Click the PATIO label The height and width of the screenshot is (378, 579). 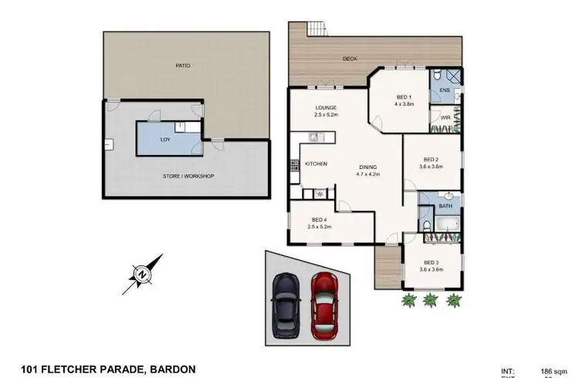pyautogui.click(x=182, y=66)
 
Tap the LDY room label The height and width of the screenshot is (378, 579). pyautogui.click(x=165, y=140)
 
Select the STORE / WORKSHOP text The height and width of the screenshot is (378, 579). pyautogui.click(x=188, y=176)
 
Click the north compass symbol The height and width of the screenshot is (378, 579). pyautogui.click(x=142, y=272)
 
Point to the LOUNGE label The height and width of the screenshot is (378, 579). pyautogui.click(x=324, y=108)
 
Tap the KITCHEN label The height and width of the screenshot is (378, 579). pyautogui.click(x=317, y=164)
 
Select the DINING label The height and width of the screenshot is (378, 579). pyautogui.click(x=369, y=167)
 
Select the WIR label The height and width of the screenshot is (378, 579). pyautogui.click(x=445, y=119)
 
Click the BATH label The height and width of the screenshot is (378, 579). pyautogui.click(x=445, y=206)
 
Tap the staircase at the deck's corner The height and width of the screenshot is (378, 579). pyautogui.click(x=316, y=29)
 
